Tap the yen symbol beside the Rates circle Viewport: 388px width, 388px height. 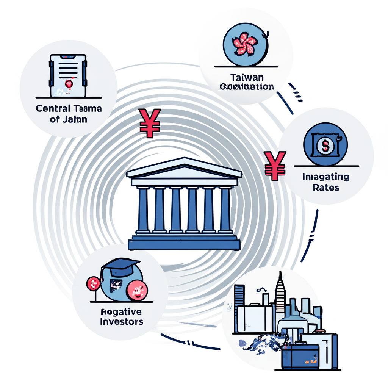coord(275,165)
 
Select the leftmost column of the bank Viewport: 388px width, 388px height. coord(143,210)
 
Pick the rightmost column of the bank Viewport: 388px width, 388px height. coord(225,210)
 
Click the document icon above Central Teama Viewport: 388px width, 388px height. coord(68,75)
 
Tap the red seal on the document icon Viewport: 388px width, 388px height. coord(69,84)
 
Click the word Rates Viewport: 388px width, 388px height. coord(326,187)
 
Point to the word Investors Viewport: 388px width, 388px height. coord(122,322)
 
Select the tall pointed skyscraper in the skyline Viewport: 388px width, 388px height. coord(280,292)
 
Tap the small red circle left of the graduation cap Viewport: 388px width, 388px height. coord(93,283)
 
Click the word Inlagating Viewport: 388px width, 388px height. coord(326,177)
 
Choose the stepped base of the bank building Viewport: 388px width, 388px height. coord(185,242)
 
